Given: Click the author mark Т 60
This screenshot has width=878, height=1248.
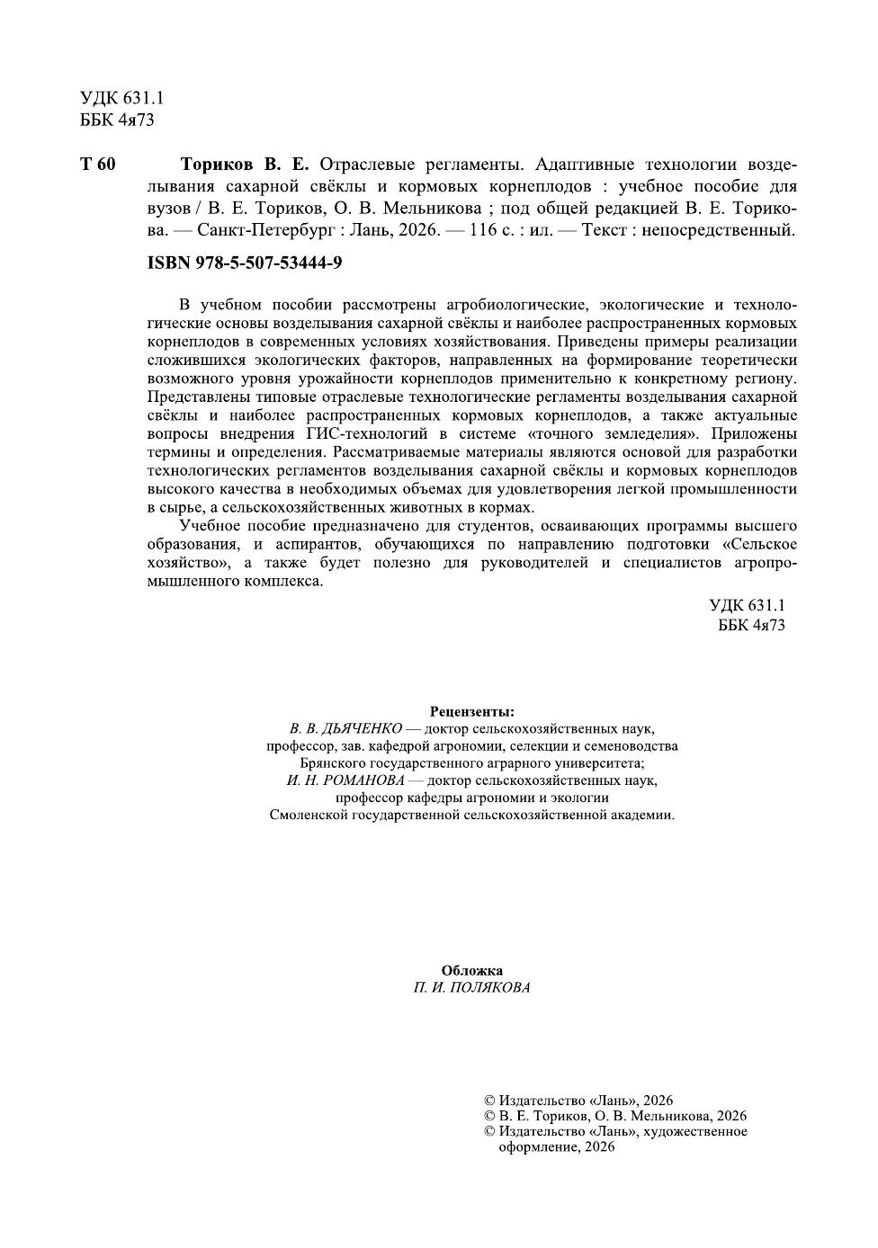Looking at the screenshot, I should [98, 165].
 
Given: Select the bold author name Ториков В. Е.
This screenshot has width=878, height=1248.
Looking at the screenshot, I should [244, 165].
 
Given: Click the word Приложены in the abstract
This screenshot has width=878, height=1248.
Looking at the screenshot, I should [758, 433].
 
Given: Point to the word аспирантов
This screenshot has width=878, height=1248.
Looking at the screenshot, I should [307, 544].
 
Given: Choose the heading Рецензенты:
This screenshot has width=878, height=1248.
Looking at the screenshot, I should [472, 711].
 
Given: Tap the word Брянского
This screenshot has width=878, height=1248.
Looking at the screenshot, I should [330, 762].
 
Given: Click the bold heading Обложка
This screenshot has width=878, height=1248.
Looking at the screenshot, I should [472, 970].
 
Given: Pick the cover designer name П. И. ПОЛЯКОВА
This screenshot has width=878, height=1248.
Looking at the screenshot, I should [472, 987].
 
